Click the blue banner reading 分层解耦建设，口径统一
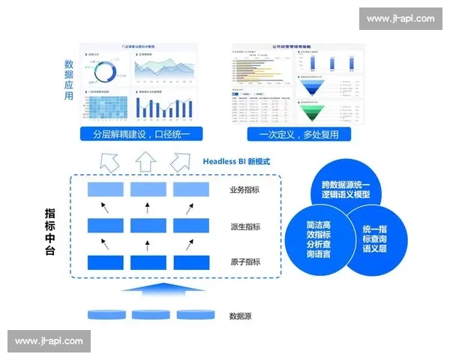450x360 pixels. [142, 135]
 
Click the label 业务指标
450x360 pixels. [244, 190]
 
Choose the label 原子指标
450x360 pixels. [244, 262]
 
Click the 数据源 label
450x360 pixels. [241, 316]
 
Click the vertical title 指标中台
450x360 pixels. [50, 232]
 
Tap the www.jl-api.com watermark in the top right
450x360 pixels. [394, 18]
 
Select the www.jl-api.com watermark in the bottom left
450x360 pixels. [49, 341]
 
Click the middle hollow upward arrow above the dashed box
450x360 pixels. [146, 160]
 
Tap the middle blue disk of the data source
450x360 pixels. [147, 313]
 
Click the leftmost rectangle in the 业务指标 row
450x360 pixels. [105, 190]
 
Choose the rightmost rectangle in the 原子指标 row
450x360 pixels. [190, 262]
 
